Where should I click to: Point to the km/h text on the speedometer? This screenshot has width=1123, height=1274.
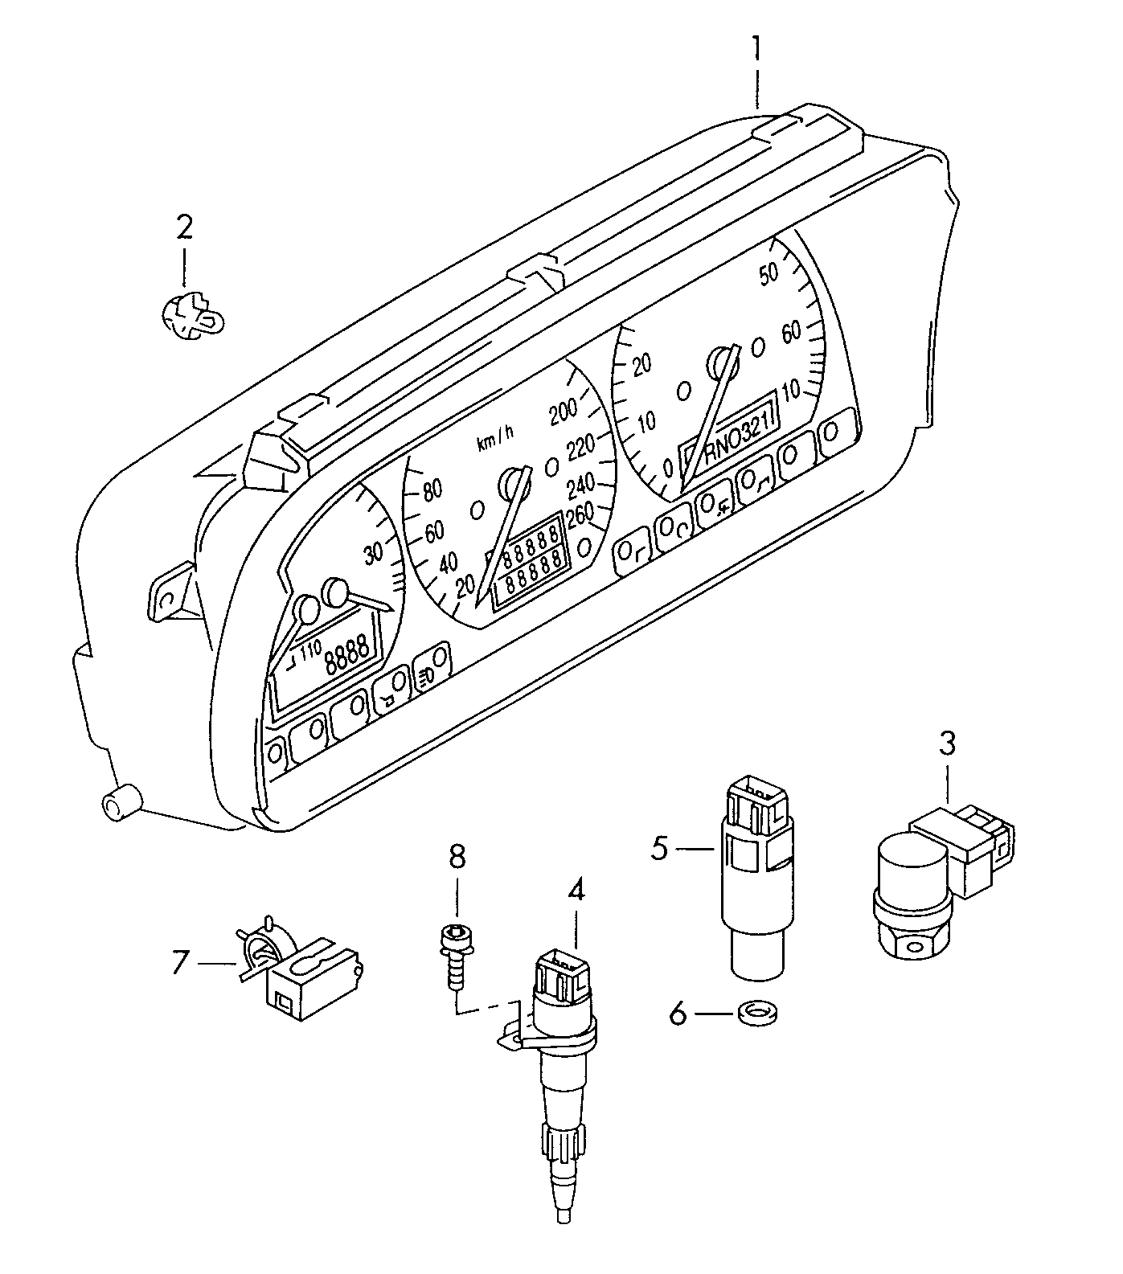coord(494,438)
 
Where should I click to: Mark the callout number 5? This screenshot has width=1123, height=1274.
coord(659,848)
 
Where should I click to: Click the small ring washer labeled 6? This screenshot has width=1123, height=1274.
coord(752,1014)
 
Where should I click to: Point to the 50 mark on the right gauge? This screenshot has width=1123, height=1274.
coord(769,273)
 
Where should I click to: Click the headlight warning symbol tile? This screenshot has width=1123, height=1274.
coord(430,667)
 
